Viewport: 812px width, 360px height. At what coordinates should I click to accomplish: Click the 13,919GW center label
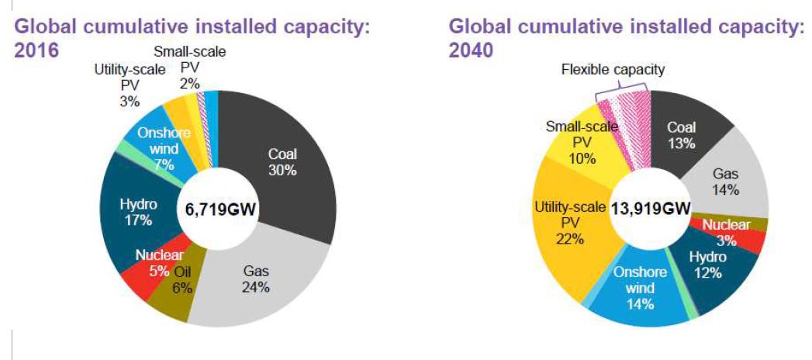pos(651,209)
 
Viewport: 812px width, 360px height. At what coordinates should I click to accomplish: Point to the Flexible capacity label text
pos(613,70)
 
